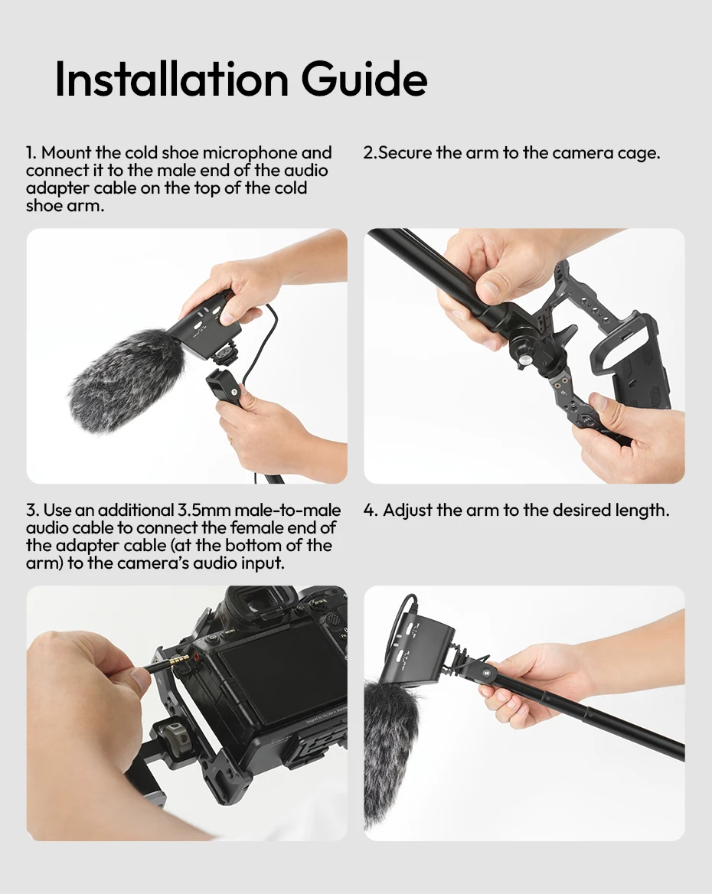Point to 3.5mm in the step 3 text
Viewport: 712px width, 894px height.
tap(203, 510)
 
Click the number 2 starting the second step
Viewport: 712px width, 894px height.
tap(368, 153)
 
